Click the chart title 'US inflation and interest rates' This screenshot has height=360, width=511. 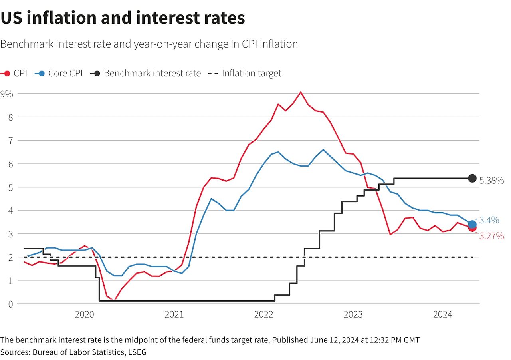(123, 18)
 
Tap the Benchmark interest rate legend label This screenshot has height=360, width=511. (152, 74)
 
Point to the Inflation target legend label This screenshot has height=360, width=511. (252, 74)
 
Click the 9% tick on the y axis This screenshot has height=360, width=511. (7, 94)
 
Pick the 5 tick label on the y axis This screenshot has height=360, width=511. (10, 187)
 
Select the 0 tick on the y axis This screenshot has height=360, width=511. (10, 304)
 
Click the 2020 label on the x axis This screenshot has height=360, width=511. (84, 315)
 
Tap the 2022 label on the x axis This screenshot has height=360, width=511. (263, 315)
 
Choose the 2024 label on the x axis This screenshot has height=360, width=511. (442, 315)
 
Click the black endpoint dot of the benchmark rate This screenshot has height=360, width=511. (472, 178)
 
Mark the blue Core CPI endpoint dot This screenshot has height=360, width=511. (472, 224)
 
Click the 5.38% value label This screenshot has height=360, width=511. (491, 181)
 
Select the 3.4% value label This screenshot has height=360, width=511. (489, 220)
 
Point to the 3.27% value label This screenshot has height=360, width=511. (491, 236)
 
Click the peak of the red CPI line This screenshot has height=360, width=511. (301, 92)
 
